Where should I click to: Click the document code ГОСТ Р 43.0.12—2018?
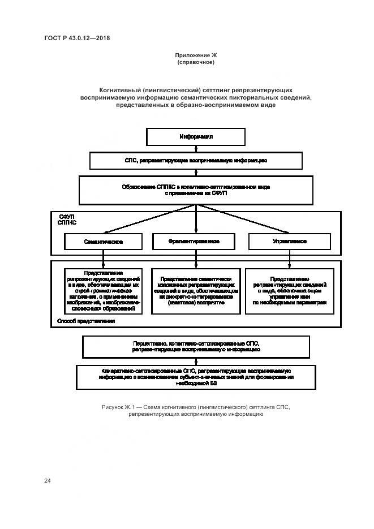coord(77,38)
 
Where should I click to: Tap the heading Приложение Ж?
coord(196,55)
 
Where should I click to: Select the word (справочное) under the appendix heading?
coord(196,62)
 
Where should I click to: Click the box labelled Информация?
coord(196,137)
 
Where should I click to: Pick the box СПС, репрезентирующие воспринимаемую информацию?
coord(196,161)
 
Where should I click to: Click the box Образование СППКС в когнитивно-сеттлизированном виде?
coord(196,190)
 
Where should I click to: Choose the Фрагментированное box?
coord(194,241)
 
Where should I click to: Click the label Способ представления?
coord(86,321)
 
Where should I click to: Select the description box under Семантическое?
coord(103,291)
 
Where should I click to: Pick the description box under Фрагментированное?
coord(196,291)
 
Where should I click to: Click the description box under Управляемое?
coord(290,291)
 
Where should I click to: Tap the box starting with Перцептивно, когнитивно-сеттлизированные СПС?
coord(196,346)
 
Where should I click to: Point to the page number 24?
coord(48,480)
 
